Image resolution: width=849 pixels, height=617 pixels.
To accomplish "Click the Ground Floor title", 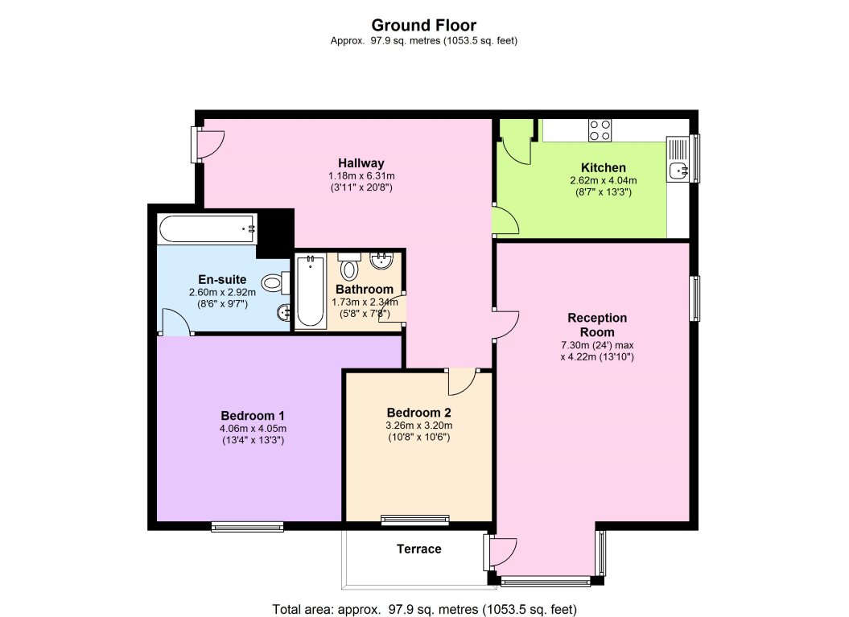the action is pos(423,26).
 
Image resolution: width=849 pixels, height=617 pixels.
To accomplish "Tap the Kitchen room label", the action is pos(604,168).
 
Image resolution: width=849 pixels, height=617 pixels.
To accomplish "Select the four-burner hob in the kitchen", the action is pos(600,130).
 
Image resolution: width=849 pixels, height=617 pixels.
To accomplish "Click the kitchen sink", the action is pos(678,171).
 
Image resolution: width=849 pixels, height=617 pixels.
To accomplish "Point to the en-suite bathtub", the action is pos(208,229).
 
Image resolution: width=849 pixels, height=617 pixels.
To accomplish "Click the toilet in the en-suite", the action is pos(275,282).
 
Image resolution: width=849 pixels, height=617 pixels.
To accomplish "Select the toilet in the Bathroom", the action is pos(349,265).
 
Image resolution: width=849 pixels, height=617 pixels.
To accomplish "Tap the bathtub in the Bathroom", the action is pos(311,292).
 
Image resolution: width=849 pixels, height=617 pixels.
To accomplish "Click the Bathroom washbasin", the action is pos(381,260).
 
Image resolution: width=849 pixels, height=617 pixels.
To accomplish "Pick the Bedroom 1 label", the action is pos(253,416).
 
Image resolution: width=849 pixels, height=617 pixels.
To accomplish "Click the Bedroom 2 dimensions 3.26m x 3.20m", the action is pos(418,426).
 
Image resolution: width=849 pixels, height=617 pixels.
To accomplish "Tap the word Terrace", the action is pos(418,549).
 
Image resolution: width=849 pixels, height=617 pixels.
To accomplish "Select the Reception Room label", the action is pos(597,325).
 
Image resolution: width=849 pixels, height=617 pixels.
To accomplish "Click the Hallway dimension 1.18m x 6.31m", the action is pos(361,176).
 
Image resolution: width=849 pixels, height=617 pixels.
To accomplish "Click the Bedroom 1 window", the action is pos(247,526).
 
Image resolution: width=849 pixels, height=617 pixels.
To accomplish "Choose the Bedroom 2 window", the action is pos(415,520).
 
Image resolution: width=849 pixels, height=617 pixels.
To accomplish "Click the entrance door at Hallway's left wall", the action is pos(208,145).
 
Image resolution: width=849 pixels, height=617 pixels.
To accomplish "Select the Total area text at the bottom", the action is pos(425,610).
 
